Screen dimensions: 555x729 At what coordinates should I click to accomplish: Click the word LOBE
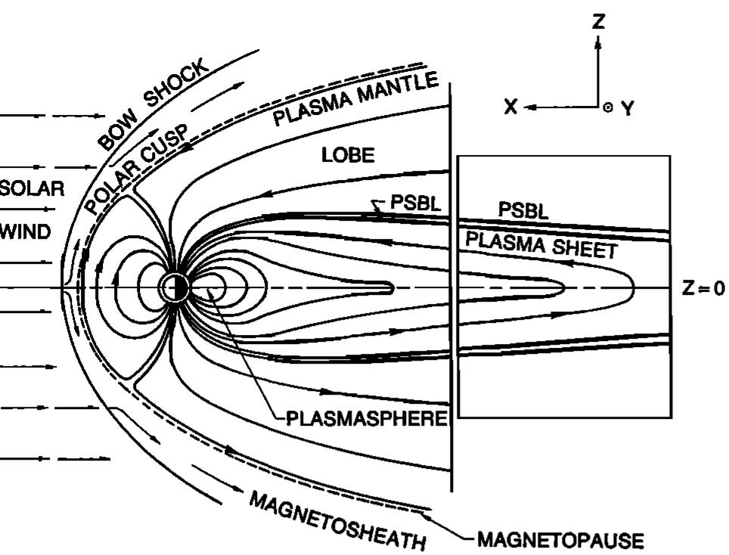point(348,155)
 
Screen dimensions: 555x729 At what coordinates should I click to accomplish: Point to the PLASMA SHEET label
point(541,244)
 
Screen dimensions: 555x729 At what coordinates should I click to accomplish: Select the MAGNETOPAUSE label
point(560,540)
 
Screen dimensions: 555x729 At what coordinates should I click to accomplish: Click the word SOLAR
point(32,189)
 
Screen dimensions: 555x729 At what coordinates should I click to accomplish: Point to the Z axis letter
point(599,21)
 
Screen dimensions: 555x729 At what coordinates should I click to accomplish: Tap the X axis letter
point(511,107)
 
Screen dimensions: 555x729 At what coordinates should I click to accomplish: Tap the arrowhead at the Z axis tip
point(598,42)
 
